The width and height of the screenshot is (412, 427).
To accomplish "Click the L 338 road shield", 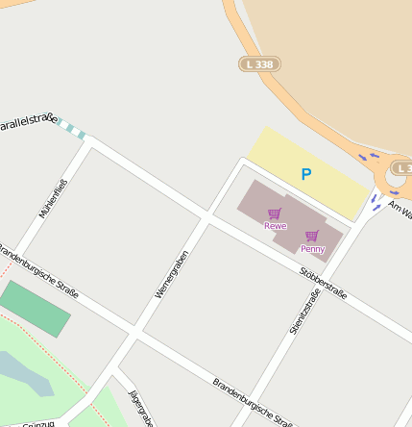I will (x=259, y=63).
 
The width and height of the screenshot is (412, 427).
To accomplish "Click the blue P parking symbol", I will (x=306, y=175).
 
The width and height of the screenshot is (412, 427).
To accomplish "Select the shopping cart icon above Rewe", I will (x=275, y=213).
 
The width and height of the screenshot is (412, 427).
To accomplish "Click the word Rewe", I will (x=276, y=226).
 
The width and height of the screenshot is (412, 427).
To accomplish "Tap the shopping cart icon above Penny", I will (x=311, y=236).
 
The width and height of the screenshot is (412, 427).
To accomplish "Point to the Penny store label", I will (x=312, y=249).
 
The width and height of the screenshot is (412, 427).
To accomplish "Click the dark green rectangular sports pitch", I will (x=36, y=309).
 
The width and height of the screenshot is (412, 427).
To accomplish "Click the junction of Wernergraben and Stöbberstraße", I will (x=205, y=216).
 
